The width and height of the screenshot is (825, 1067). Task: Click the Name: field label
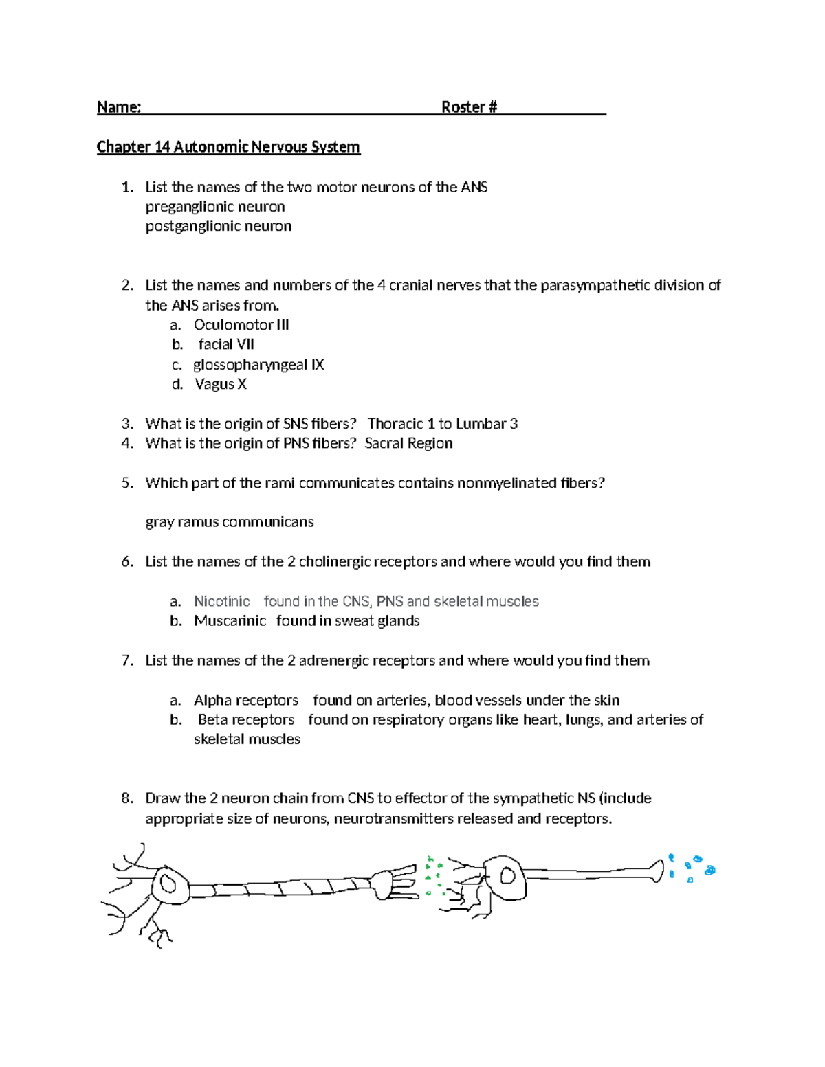point(119,107)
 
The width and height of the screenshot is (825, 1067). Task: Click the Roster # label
point(469,107)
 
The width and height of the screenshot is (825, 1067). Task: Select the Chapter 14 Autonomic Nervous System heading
point(228,147)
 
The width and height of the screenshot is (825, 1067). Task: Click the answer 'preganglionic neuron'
point(215,207)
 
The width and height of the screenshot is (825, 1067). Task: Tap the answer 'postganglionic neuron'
point(219,226)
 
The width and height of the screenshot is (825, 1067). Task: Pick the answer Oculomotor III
point(241,325)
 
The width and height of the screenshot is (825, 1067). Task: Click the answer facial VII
point(226,344)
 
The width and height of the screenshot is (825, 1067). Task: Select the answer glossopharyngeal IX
point(258,365)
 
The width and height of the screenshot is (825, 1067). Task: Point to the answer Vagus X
point(220,384)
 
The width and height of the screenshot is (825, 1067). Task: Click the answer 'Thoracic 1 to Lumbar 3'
point(442,424)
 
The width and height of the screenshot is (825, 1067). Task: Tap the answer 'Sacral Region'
point(408,443)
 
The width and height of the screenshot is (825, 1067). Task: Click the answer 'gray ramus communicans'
point(230,522)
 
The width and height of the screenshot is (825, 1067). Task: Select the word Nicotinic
point(221,602)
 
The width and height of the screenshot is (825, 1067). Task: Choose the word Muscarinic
point(230,621)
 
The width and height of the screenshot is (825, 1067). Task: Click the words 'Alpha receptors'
point(246,700)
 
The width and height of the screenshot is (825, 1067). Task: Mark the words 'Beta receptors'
point(246,720)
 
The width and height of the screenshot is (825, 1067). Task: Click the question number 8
point(126,798)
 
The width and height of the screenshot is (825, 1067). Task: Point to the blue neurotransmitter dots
point(691,868)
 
